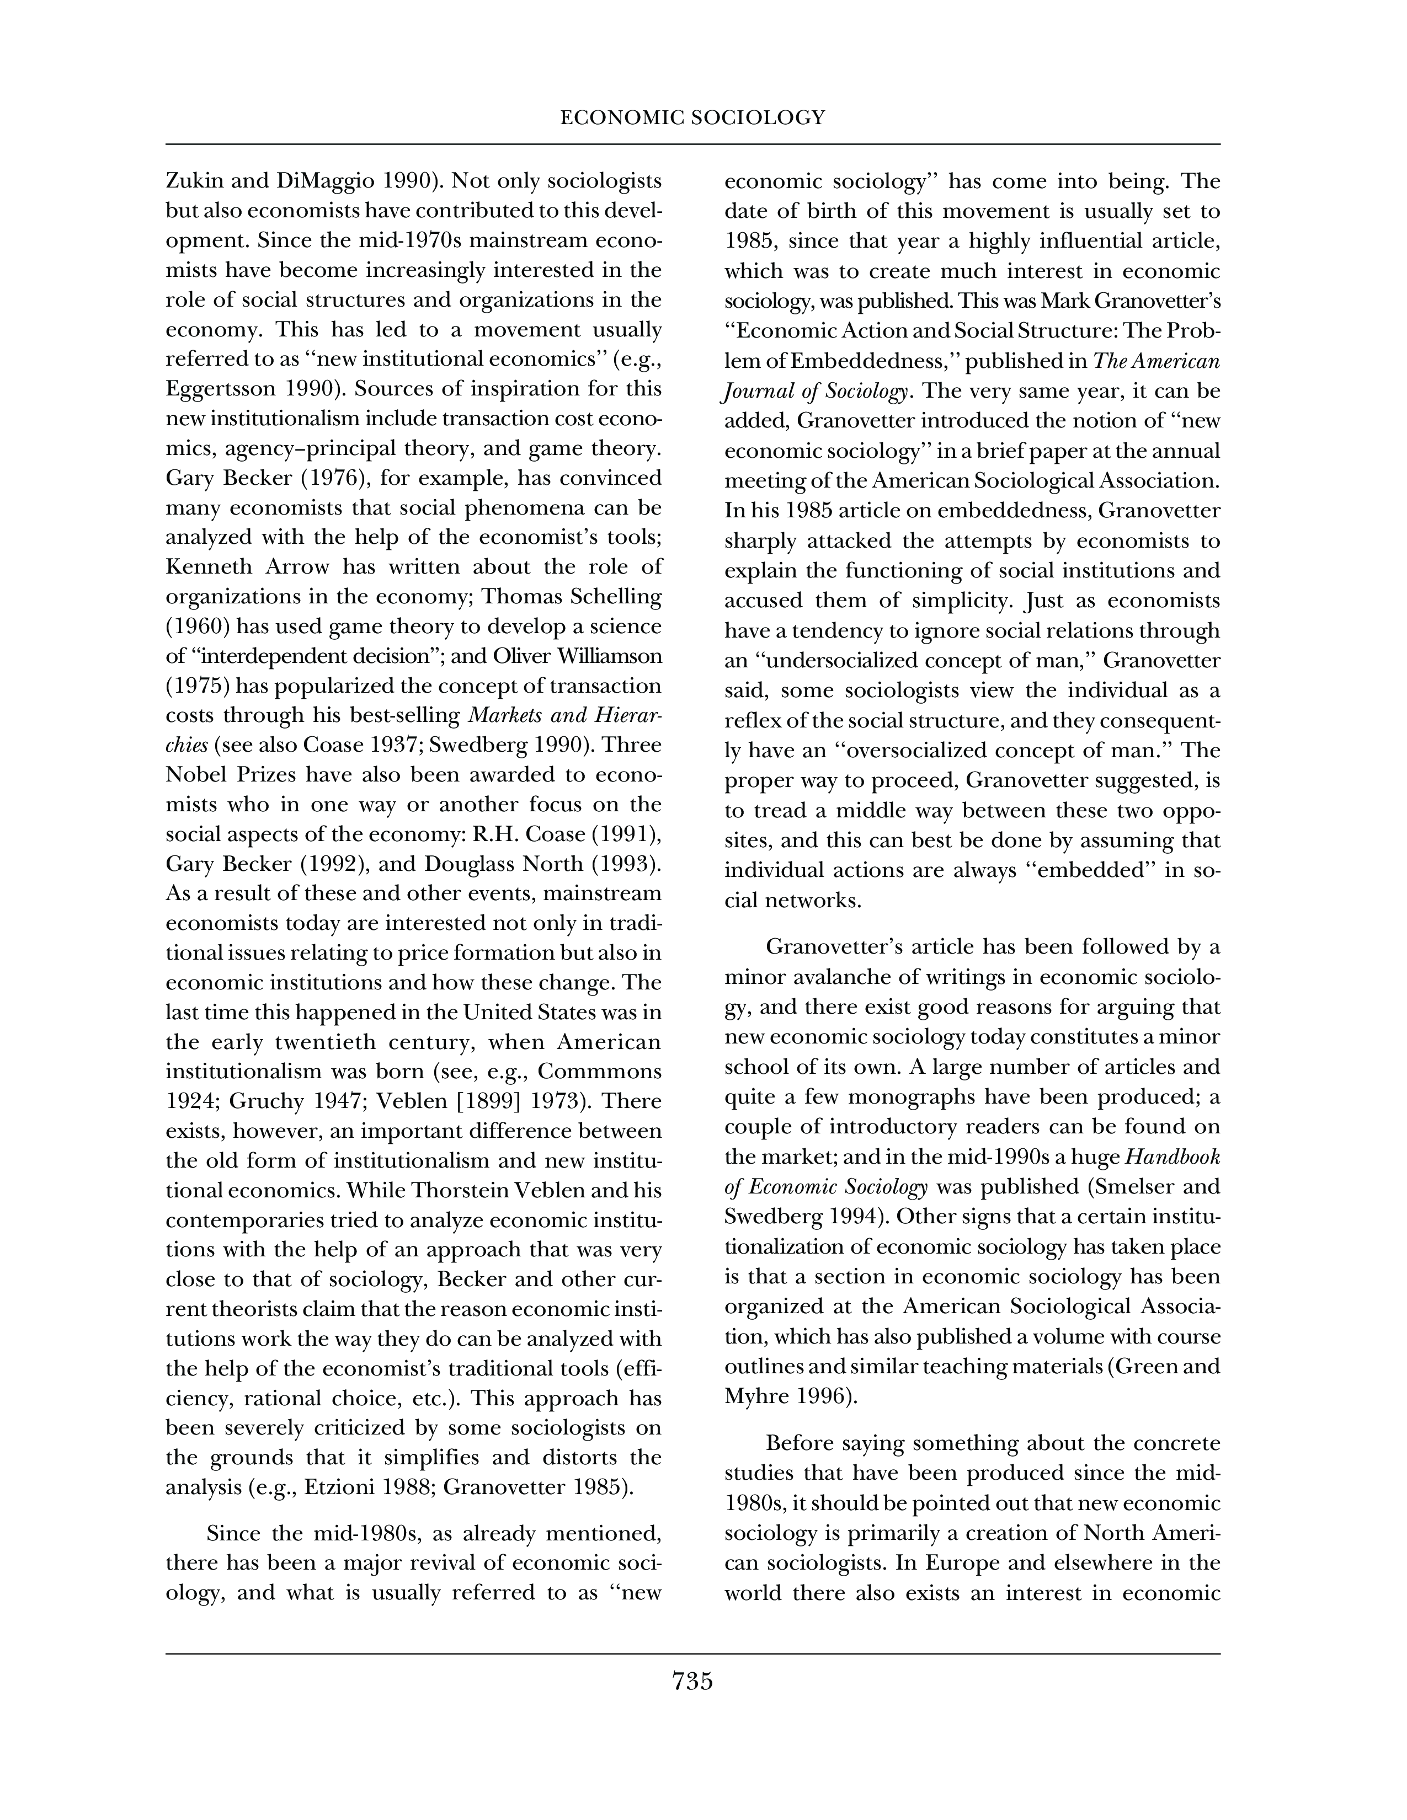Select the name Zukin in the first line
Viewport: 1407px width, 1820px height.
191,181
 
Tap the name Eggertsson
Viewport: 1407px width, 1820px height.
219,390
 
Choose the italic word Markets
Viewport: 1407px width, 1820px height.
503,716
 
